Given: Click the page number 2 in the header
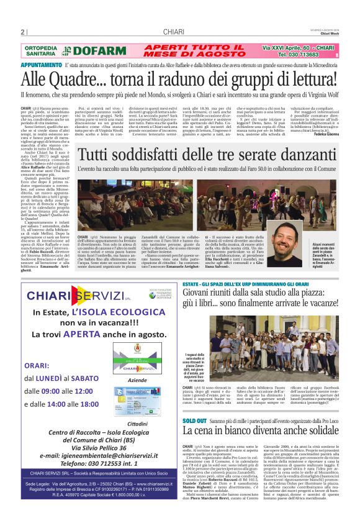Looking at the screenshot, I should pyautogui.click(x=22, y=32).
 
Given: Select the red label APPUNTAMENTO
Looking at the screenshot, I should pyautogui.click(x=41, y=65).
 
